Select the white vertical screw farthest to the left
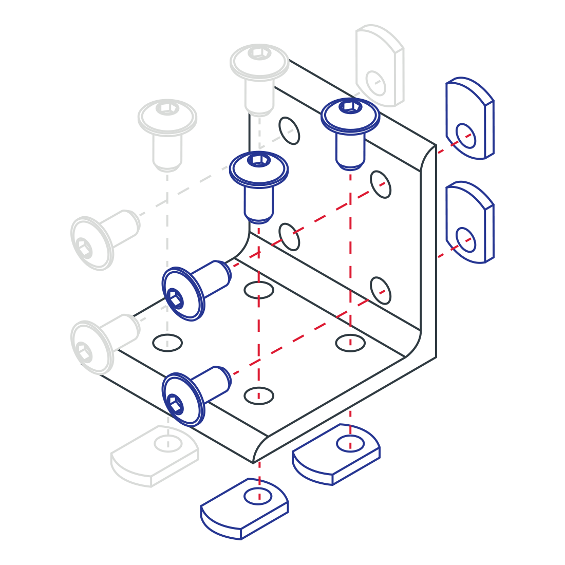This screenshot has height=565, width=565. [167, 134]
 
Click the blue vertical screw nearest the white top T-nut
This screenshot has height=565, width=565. [350, 131]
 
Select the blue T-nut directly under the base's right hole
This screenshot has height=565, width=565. [336, 454]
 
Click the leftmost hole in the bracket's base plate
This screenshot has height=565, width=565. [167, 342]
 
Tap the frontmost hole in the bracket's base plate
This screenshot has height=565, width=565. [259, 395]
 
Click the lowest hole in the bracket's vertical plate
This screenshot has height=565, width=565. [381, 290]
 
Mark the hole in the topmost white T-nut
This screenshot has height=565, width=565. [375, 83]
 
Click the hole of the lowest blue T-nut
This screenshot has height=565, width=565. [259, 496]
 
